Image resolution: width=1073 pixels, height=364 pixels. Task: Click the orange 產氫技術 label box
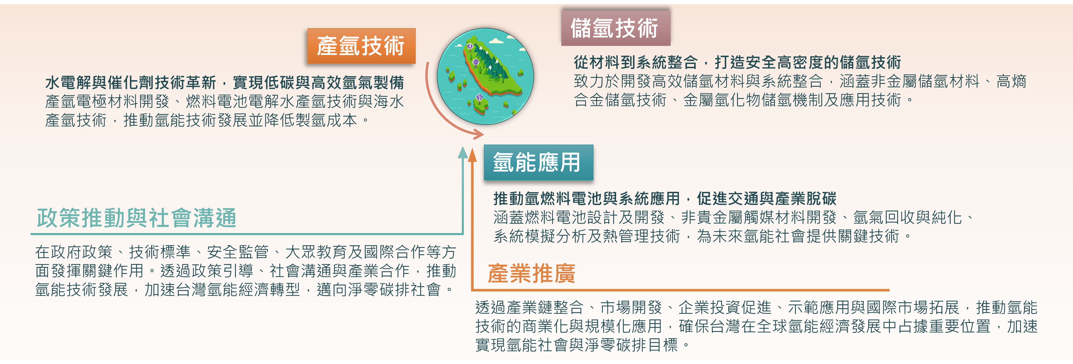(361, 46)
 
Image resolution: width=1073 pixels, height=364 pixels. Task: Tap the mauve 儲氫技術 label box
(616, 28)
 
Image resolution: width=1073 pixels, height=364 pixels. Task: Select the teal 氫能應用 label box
(538, 162)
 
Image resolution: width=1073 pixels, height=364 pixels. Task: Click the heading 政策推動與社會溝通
(137, 218)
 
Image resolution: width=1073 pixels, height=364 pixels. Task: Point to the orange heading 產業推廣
(532, 273)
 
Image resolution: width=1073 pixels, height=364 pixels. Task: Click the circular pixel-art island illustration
(485, 76)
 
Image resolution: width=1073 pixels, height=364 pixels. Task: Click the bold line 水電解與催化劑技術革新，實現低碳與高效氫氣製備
(225, 83)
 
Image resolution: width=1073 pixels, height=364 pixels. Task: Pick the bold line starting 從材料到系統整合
(737, 62)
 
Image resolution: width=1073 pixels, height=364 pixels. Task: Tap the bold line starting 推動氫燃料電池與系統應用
(665, 198)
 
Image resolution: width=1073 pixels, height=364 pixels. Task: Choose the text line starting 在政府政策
(246, 252)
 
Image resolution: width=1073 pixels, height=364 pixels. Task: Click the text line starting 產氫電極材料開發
(225, 101)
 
